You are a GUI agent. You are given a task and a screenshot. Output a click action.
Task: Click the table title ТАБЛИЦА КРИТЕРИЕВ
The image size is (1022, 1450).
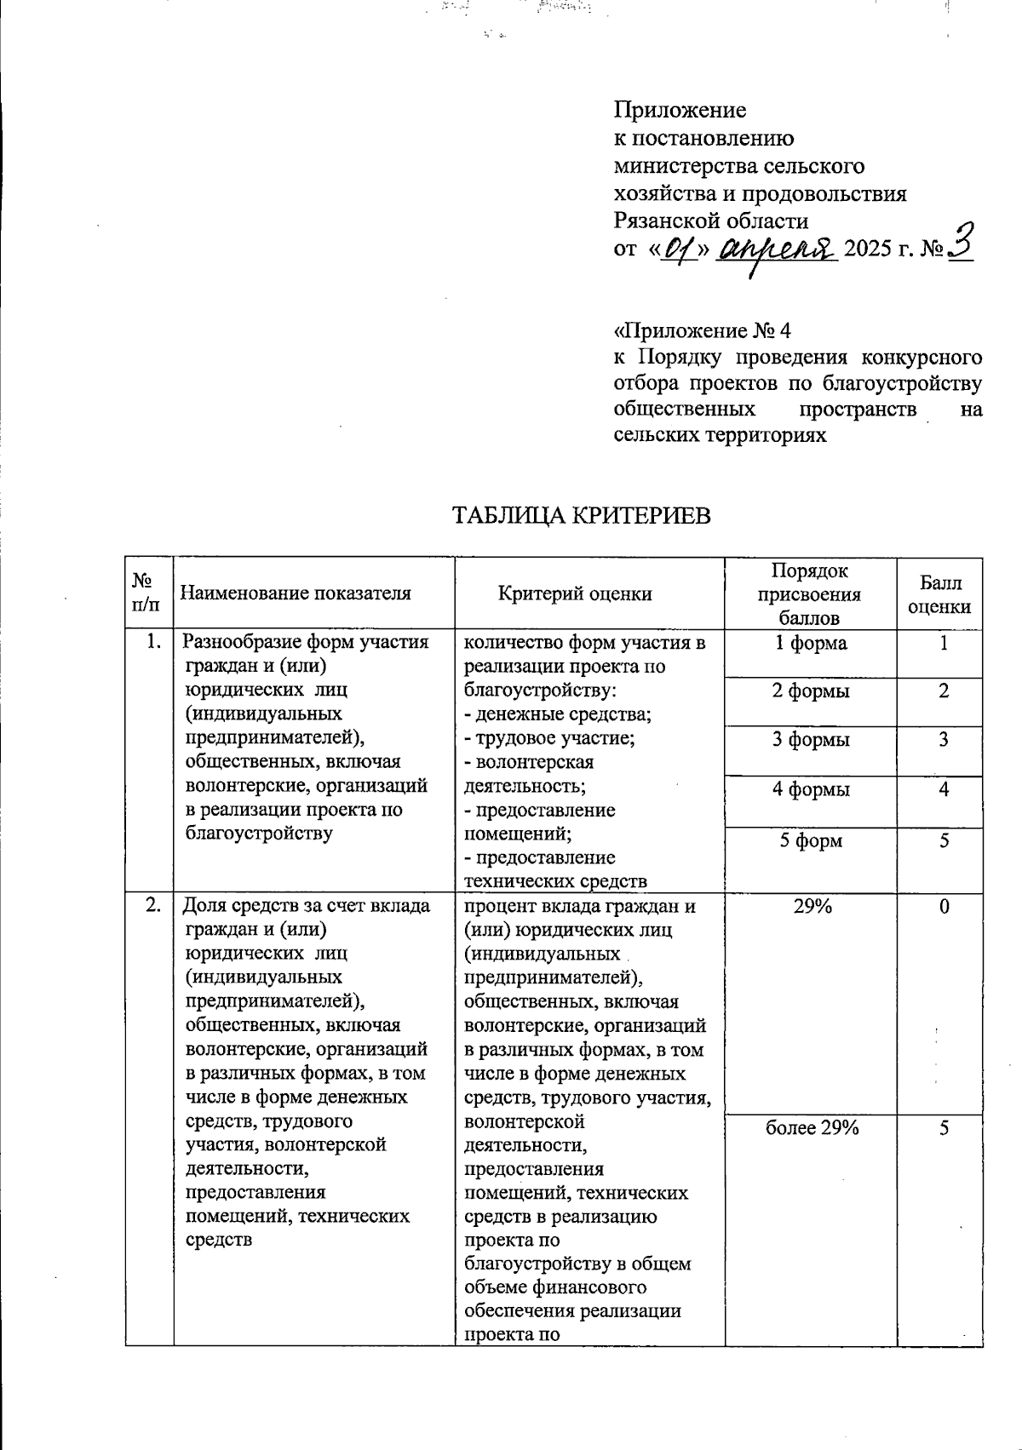[x=579, y=516]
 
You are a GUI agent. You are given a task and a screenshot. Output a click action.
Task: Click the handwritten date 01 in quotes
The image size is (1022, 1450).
[x=679, y=249]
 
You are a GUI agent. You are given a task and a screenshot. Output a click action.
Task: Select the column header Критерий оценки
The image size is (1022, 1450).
[x=575, y=593]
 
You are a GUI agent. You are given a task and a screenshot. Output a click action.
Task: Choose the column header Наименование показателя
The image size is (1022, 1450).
[x=297, y=593]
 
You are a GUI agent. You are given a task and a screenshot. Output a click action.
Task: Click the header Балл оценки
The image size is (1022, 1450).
[x=939, y=594]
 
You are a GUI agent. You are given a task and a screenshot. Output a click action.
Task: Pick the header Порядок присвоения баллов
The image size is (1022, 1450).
[x=809, y=593]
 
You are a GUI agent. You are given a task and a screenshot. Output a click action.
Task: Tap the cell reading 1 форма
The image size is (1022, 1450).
[x=810, y=644]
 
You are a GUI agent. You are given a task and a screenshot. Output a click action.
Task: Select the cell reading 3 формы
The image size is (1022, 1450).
[x=810, y=740]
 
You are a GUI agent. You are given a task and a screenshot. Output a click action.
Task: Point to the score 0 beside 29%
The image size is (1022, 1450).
[x=944, y=907]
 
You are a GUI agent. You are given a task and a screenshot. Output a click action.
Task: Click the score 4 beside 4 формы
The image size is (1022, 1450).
[x=944, y=789]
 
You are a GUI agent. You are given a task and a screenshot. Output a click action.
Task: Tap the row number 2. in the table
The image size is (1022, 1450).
[x=153, y=906]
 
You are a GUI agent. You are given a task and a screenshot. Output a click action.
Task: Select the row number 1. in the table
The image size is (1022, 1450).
[x=153, y=643]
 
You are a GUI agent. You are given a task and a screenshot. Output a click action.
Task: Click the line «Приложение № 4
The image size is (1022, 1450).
[x=703, y=330]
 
